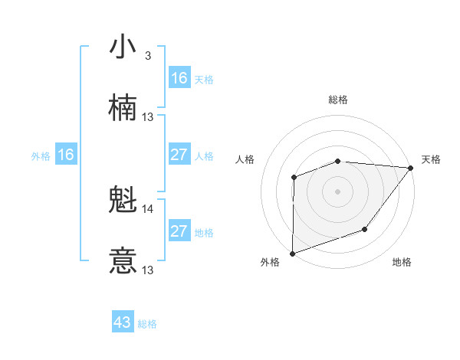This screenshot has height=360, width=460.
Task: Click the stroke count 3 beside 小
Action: (x=147, y=56)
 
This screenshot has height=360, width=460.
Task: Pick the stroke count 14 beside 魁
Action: (x=148, y=208)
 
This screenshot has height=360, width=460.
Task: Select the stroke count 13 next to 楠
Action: (x=148, y=117)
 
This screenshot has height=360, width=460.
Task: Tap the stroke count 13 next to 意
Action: (x=148, y=270)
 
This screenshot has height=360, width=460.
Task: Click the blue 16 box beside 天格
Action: (x=179, y=78)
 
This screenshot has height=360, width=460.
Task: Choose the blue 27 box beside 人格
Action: (x=179, y=155)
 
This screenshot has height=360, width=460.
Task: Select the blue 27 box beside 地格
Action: (x=179, y=231)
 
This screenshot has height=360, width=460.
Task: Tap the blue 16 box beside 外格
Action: (x=66, y=155)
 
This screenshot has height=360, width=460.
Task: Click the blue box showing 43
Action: (x=123, y=322)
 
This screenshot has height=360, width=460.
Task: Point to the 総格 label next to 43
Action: (x=147, y=324)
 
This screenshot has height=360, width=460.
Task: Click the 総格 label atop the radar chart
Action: (x=338, y=100)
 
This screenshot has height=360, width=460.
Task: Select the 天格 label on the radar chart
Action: (x=432, y=159)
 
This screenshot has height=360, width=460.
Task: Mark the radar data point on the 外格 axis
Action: (x=292, y=253)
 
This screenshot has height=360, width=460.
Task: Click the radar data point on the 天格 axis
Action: (x=410, y=168)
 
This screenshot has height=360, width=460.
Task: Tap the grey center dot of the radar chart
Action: (x=337, y=191)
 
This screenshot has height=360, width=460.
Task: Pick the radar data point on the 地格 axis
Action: (x=365, y=229)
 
